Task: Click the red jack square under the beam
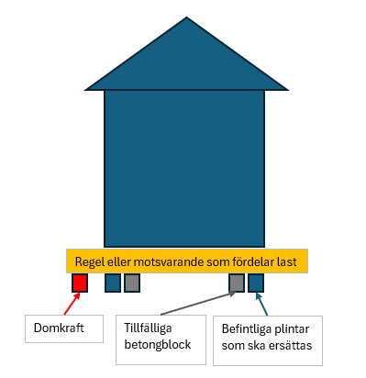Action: coord(80,283)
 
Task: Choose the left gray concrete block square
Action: coord(132,283)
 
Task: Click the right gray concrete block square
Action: coord(237,283)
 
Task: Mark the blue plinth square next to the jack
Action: coord(113,283)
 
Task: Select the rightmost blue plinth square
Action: coord(256,283)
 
